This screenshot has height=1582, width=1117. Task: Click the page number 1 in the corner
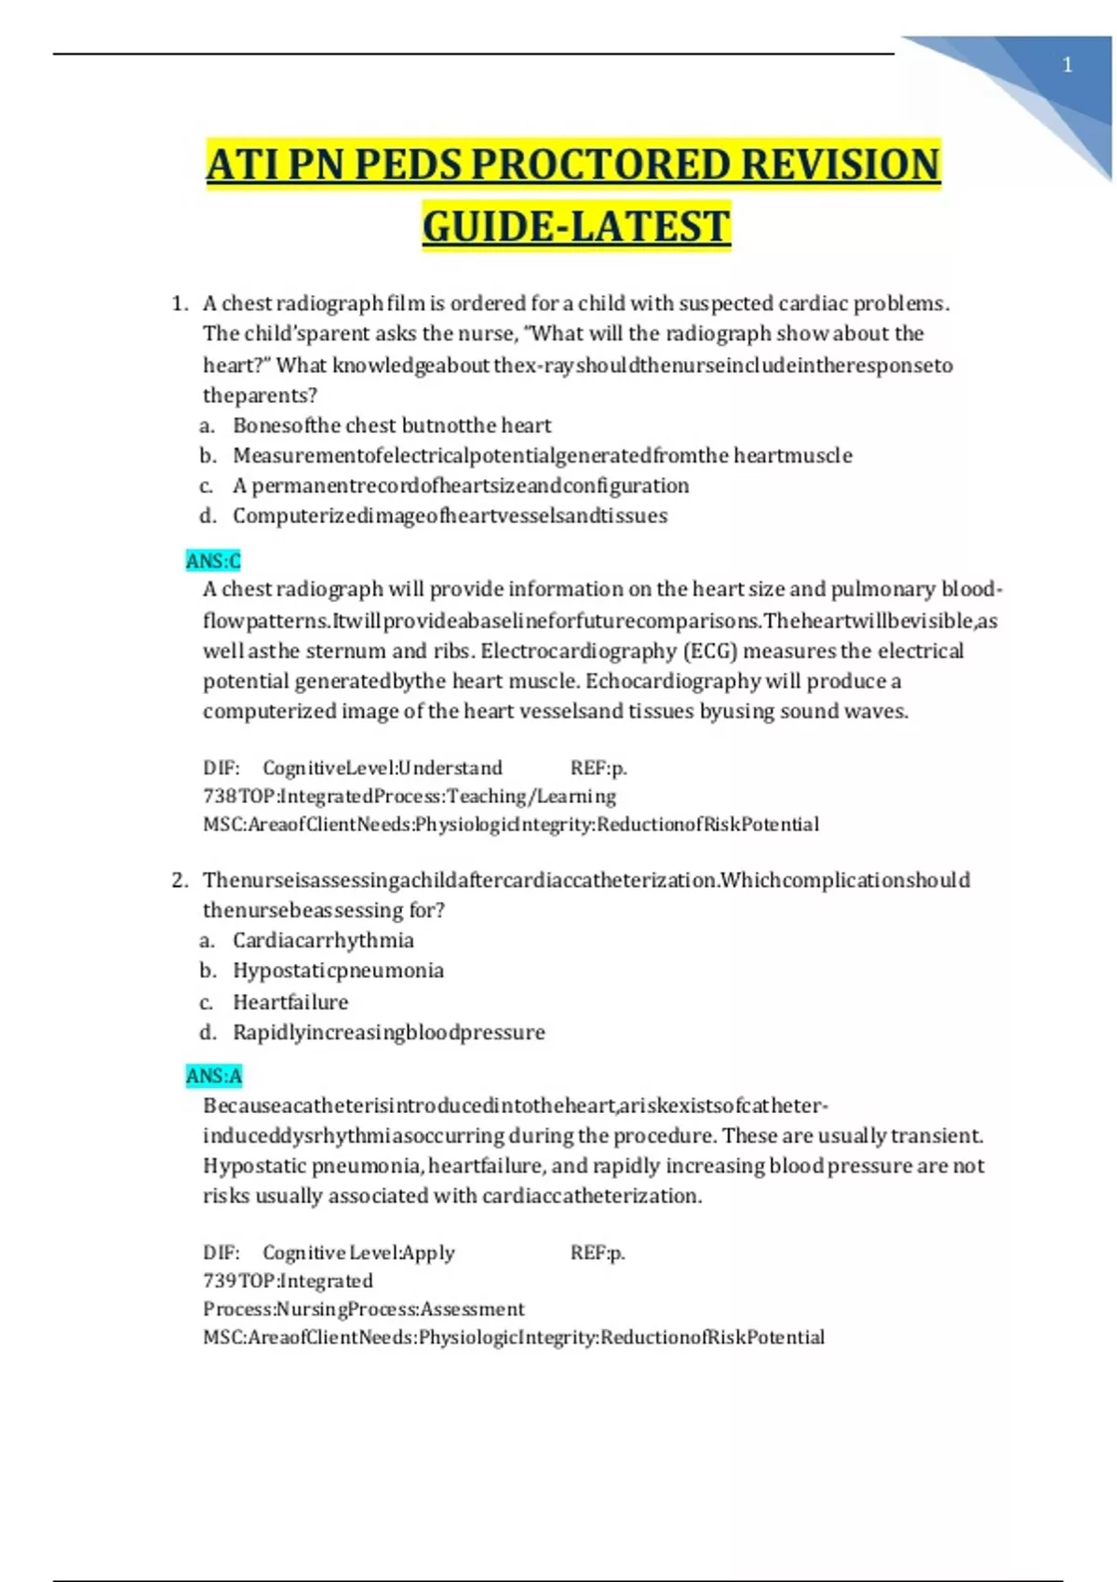tap(1067, 65)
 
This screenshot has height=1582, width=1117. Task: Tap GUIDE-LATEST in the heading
tap(576, 227)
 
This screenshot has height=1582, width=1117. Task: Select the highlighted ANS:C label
tap(213, 561)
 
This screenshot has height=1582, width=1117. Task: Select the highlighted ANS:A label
tap(213, 1077)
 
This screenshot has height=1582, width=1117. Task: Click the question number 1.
tap(179, 303)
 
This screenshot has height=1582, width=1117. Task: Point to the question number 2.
tap(179, 880)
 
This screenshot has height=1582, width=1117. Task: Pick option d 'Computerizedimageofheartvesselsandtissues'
tap(450, 516)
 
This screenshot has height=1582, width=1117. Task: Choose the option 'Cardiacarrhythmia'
tap(323, 941)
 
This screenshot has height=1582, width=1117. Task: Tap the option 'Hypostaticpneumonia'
tap(338, 971)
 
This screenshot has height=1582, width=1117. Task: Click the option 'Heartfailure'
tap(290, 1002)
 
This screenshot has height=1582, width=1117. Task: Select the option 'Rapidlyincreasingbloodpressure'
tap(388, 1032)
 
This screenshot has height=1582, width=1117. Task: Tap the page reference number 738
tap(219, 797)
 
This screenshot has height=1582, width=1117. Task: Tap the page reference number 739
tap(219, 1281)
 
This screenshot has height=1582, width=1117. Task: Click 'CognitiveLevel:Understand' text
tap(382, 769)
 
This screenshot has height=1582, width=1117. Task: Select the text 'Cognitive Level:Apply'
tap(358, 1254)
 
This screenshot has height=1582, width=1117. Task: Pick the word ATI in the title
tap(243, 165)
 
